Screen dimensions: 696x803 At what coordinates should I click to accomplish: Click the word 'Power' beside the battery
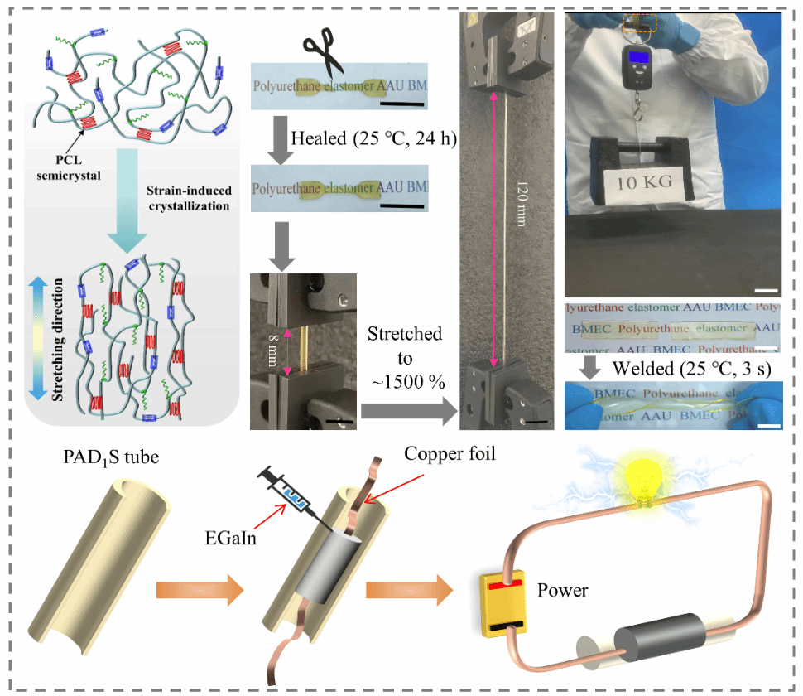563,591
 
